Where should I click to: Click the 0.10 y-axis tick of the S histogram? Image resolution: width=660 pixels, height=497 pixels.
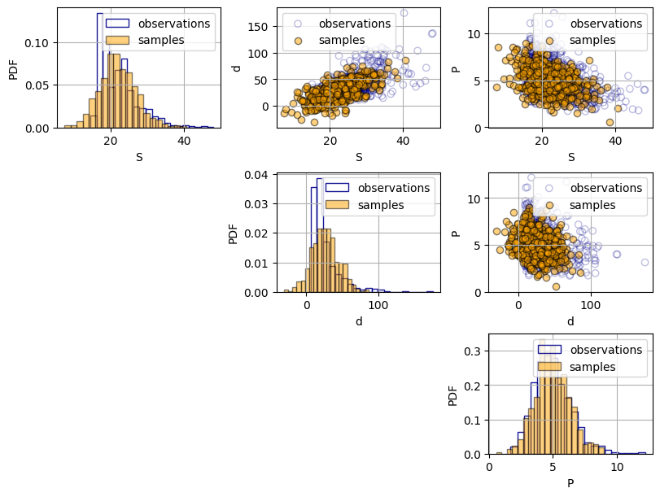[39, 42]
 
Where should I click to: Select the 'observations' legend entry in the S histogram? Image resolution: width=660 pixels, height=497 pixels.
[173, 24]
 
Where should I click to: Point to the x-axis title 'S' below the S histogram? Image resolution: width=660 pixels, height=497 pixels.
[139, 156]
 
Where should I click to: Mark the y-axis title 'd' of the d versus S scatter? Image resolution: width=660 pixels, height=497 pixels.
[237, 68]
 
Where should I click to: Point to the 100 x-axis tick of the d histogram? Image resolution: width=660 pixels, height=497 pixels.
[377, 305]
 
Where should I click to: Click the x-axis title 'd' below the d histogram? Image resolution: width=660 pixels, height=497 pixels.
[359, 321]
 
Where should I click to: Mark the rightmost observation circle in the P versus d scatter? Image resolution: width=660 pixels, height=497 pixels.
[645, 262]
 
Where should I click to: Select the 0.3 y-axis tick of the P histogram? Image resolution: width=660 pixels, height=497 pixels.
[474, 351]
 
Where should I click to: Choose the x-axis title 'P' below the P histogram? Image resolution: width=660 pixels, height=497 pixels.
[570, 483]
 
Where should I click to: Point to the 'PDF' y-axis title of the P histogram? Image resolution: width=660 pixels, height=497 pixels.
[453, 395]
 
